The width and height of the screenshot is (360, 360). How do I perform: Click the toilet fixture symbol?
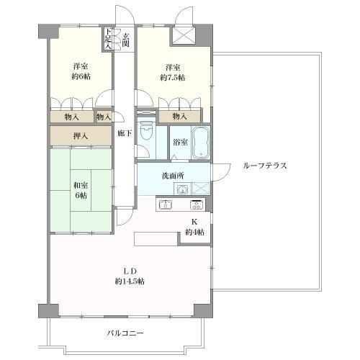point(145,131)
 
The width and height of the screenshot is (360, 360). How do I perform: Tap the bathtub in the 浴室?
point(201,143)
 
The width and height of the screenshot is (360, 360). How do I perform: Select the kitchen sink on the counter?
point(166,204)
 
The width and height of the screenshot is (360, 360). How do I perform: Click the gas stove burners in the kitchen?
point(197,204)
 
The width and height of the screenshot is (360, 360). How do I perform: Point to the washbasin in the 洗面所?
point(183,189)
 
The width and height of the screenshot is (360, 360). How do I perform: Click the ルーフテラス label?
point(265,166)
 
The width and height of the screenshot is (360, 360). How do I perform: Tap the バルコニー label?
point(125,333)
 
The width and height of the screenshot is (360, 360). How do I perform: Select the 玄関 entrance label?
point(126,40)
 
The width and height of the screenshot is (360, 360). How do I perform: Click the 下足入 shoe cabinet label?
point(108,38)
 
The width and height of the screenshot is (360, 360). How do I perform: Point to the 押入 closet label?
point(81,136)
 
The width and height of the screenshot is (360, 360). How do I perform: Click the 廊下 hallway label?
point(125,133)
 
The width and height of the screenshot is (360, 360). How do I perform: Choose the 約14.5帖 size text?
point(130,282)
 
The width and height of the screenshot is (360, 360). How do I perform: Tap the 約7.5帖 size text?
point(173,78)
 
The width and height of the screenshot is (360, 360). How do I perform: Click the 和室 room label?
point(81,185)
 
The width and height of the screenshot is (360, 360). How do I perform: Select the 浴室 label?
point(180,142)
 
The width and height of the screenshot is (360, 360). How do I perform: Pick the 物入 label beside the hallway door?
point(104,117)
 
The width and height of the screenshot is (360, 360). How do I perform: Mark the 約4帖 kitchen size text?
point(194,233)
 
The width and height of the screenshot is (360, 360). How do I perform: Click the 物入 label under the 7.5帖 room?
point(180,117)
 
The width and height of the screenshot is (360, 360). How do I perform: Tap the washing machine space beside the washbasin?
point(200,189)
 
